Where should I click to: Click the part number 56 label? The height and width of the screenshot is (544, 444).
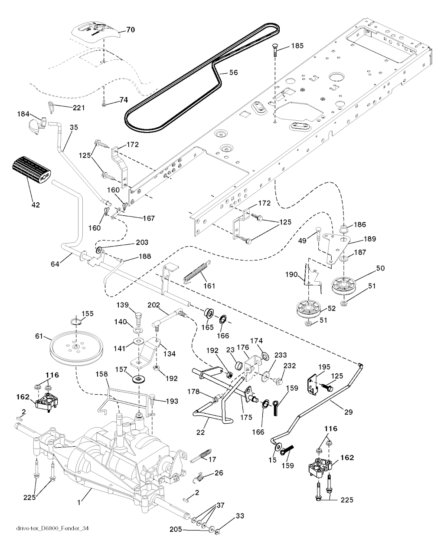pos(233,73)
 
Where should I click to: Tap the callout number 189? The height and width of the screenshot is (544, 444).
pos(369,238)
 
